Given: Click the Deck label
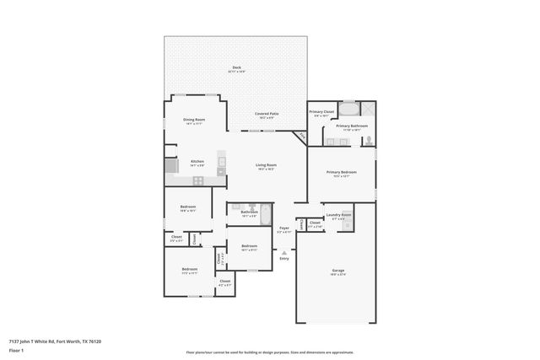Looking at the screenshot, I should pos(236,68).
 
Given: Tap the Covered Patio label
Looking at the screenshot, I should pos(267,114).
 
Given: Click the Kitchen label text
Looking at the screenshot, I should pos(197,161).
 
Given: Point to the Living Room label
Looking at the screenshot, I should pos(267,165).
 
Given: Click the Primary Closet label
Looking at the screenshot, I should pos(321,112).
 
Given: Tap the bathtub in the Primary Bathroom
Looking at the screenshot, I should pos(348,109).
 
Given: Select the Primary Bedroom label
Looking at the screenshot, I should pos(342,172).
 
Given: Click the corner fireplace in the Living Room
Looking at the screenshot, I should pos(299,137).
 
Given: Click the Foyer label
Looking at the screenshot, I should pos(284,228).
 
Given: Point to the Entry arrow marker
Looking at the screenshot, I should pos(284,250).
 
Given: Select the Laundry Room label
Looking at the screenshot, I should pos(338,215).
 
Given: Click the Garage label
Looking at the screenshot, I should pos(337,271).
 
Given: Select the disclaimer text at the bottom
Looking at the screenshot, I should pos(270,352).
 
